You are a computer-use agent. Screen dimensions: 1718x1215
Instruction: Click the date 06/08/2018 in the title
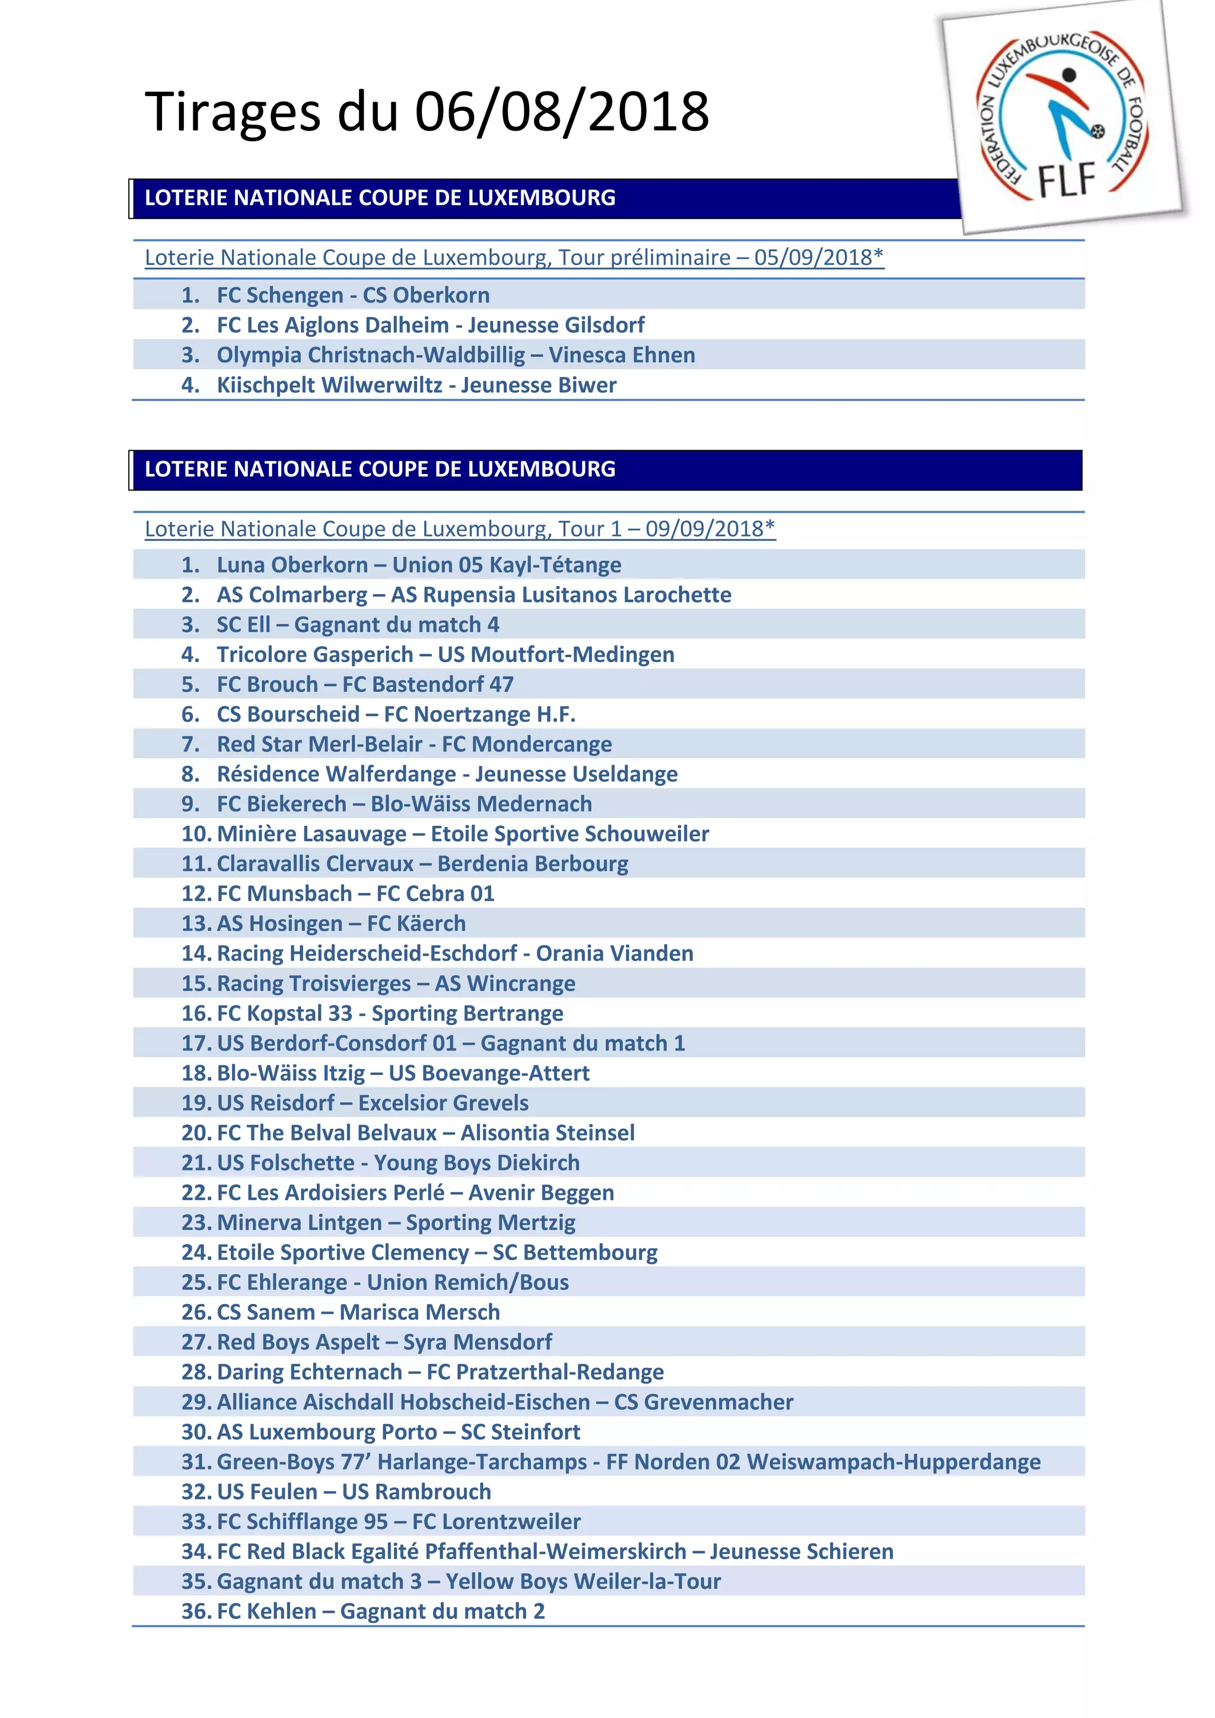coord(562,112)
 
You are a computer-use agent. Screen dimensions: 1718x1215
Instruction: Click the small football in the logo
coord(1098,132)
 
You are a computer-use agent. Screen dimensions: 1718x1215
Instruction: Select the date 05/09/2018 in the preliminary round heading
coord(813,257)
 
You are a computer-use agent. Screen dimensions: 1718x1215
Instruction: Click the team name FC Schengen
coord(280,295)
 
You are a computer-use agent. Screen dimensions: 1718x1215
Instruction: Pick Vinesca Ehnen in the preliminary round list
coord(622,355)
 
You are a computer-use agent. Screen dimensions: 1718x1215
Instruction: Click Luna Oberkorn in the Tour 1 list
coord(292,565)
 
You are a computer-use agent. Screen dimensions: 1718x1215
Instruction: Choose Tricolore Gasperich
coord(314,655)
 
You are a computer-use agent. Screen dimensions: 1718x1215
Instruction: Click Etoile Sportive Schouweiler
coord(570,834)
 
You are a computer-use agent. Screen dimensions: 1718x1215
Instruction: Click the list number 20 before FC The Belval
coord(196,1133)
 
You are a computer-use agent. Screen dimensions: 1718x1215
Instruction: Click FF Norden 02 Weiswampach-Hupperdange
coord(823,1462)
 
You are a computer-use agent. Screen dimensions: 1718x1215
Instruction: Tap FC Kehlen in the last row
coord(266,1612)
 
